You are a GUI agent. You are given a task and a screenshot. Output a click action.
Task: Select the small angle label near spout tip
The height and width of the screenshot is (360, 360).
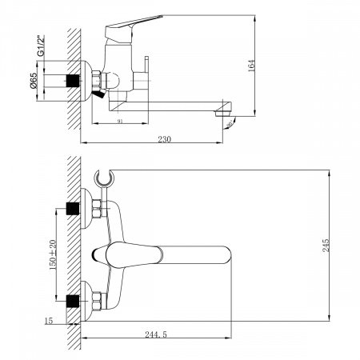coord(231,123)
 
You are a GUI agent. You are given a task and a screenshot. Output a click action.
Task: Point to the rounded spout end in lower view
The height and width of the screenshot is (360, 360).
coord(226,256)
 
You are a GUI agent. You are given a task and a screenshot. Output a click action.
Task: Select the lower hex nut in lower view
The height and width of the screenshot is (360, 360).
coord(95,302)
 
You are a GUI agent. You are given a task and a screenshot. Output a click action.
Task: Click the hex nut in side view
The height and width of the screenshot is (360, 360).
coord(95,81)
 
